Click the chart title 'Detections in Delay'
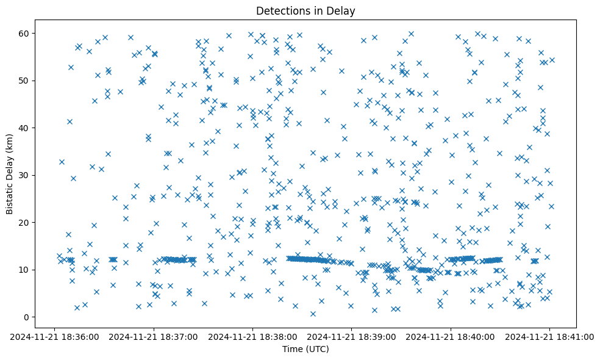click(305, 10)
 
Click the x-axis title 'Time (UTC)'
click(305, 349)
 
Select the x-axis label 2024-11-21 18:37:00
click(154, 336)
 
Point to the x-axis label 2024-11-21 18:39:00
click(352, 336)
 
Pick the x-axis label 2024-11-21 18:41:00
click(550, 336)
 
